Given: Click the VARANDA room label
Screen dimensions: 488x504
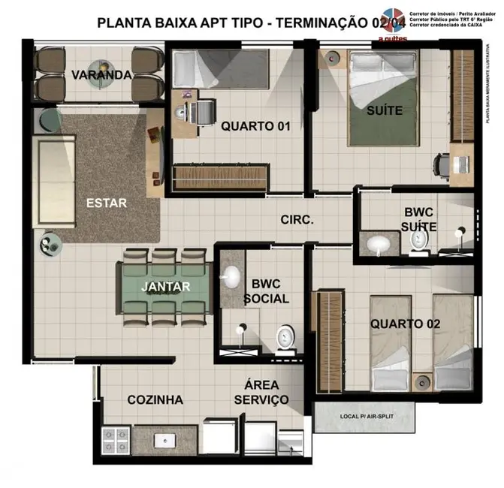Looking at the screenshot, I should click(101, 75).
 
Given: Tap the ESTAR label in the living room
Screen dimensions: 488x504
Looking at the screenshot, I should click(106, 203).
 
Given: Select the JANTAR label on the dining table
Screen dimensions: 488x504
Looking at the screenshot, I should click(166, 286).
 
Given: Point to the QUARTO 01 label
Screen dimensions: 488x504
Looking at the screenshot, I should click(255, 126).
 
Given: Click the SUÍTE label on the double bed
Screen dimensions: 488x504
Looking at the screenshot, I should click(384, 110).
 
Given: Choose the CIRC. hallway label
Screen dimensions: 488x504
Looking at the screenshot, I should click(297, 220).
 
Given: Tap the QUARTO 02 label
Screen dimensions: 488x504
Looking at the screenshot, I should click(405, 324).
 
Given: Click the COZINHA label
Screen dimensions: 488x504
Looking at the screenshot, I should click(155, 399).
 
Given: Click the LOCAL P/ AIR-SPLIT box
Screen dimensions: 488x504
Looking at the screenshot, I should click(367, 417).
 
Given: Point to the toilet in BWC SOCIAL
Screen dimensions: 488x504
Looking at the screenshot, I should click(284, 338).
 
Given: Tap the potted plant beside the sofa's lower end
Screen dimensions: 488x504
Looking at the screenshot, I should click(50, 244).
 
